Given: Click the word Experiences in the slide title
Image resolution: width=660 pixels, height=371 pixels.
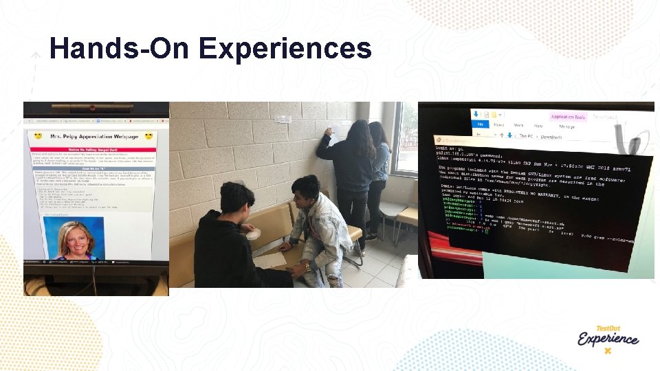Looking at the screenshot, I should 285,49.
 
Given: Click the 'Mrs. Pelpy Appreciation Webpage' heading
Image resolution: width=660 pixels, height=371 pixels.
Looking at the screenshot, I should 92,136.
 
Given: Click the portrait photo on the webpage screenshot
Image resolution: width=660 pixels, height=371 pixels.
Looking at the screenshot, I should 74,238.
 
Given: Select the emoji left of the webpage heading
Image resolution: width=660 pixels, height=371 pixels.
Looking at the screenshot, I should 38,136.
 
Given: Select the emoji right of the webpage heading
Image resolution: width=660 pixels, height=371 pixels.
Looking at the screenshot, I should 148,136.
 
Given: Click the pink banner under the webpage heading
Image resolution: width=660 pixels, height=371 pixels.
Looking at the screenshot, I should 92,150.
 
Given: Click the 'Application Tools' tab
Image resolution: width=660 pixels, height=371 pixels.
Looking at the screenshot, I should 566,117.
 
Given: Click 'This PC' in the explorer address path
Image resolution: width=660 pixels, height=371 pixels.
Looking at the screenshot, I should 527,136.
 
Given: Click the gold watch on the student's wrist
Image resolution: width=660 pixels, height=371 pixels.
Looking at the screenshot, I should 308,265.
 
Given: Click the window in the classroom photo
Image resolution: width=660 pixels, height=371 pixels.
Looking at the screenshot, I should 406,137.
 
